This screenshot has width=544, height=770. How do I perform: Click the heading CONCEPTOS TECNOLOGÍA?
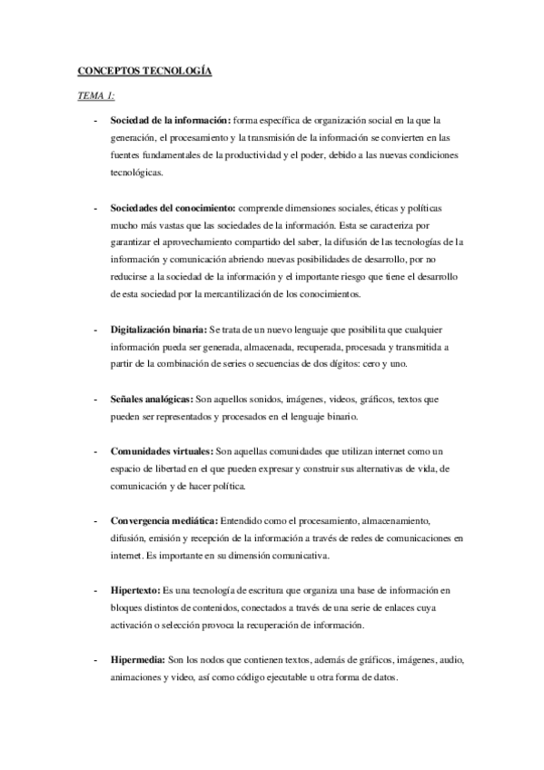[144, 70]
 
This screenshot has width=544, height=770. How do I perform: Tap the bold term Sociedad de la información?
[170, 120]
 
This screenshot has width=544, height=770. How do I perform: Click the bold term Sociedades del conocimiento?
[173, 208]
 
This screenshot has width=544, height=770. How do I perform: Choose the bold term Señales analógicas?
[150, 400]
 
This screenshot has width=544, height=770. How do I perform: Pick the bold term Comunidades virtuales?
[162, 451]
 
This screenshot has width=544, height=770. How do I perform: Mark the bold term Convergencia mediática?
[163, 521]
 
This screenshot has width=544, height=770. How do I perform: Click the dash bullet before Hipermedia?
[95, 661]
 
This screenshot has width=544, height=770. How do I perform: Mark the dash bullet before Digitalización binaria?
[95, 330]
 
